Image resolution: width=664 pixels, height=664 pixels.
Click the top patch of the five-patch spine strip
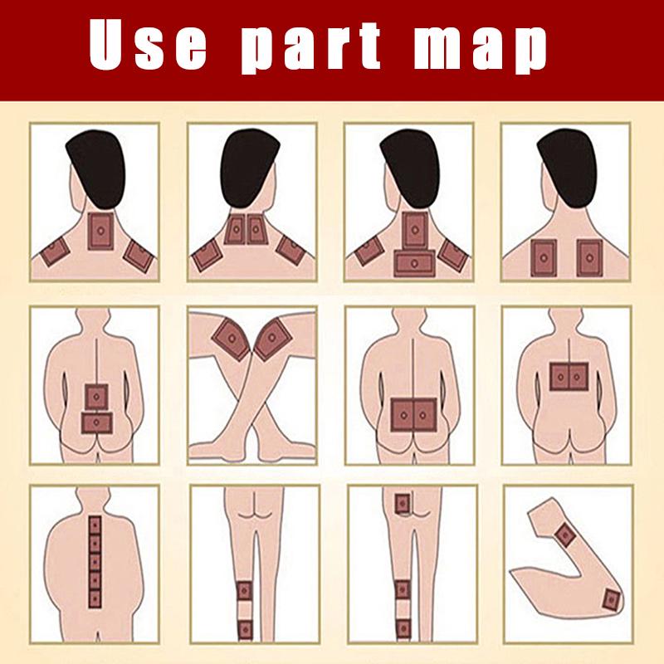click(95, 526)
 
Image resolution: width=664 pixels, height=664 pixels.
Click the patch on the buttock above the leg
click(402, 503)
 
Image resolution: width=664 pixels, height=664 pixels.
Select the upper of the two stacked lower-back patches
click(96, 397)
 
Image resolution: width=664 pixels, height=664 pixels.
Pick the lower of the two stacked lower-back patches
click(96, 422)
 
